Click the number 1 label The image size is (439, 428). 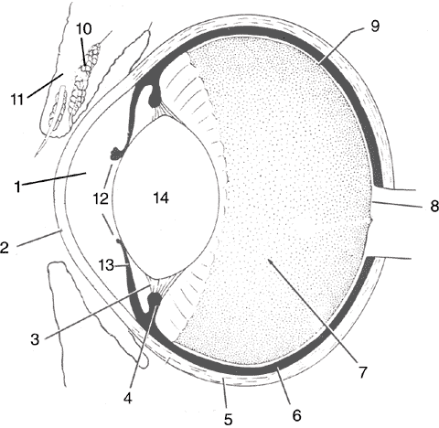pyautogui.click(x=18, y=187)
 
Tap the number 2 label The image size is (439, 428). pyautogui.click(x=5, y=248)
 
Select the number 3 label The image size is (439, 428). pyautogui.click(x=35, y=338)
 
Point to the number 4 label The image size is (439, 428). pyautogui.click(x=128, y=398)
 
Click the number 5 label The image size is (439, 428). pyautogui.click(x=229, y=419)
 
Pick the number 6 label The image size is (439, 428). pyautogui.click(x=296, y=415)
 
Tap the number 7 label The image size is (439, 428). pyautogui.click(x=362, y=372)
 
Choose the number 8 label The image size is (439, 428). pyautogui.click(x=434, y=206)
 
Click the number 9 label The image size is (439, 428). pyautogui.click(x=375, y=26)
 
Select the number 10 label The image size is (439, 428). pyautogui.click(x=83, y=28)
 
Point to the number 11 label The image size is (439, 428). pyautogui.click(x=17, y=99)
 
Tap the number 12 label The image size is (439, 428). pyautogui.click(x=101, y=198)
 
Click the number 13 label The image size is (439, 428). pyautogui.click(x=106, y=265)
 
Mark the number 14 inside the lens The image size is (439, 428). pyautogui.click(x=161, y=198)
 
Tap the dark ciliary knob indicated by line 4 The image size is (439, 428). pyautogui.click(x=155, y=299)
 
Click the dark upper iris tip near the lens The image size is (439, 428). pyautogui.click(x=116, y=154)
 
